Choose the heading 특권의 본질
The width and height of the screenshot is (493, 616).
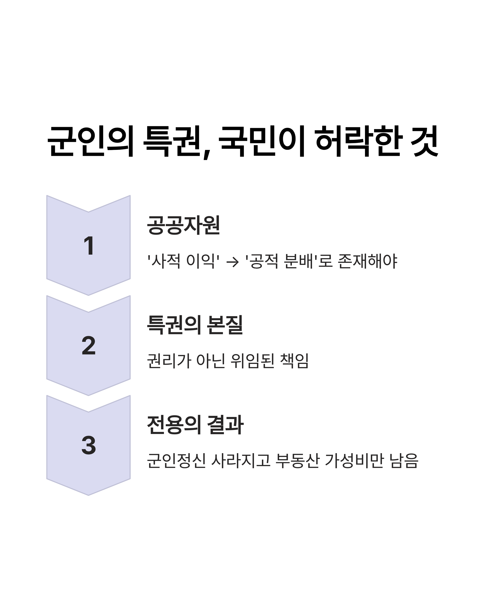pos(195,325)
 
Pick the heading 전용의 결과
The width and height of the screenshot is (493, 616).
pos(195,425)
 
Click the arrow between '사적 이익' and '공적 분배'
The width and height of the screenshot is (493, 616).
pos(232,262)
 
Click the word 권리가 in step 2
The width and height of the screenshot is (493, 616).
pos(169,361)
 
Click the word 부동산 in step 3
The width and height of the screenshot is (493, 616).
pos(297,461)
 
